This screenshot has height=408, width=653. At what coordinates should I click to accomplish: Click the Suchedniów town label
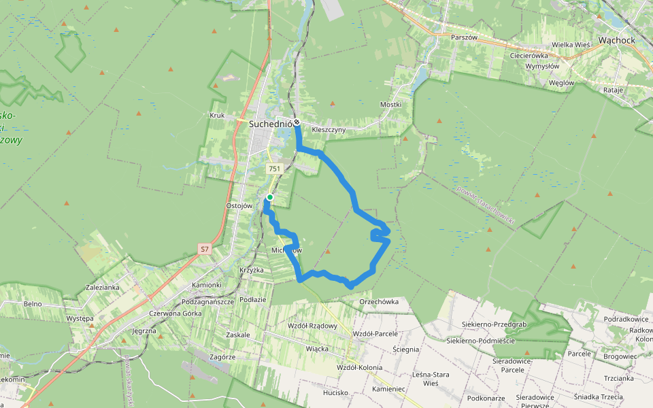coord(271,124)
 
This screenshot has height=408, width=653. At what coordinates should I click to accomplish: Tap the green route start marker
coord(270,197)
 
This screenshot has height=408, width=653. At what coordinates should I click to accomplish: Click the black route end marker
coord(297,122)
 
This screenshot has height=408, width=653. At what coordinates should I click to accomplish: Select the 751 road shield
coord(274,169)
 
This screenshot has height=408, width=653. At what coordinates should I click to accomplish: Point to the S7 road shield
coord(205,250)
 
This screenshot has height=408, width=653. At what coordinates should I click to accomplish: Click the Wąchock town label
coord(616,41)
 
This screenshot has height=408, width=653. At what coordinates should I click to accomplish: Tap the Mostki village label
coord(390,105)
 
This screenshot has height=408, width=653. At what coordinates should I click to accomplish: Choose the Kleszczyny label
coord(329,129)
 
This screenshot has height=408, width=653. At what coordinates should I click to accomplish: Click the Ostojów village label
coord(239,205)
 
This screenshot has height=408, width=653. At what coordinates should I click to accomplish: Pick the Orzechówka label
coord(379,301)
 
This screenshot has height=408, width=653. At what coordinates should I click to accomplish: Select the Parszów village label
coord(465,37)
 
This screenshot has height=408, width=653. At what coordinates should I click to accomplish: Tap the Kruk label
coord(218,116)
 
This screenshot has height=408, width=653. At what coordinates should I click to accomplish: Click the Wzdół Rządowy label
coord(313,326)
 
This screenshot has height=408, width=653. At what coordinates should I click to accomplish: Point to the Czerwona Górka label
coord(175,313)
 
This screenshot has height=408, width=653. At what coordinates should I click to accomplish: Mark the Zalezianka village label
coord(103,288)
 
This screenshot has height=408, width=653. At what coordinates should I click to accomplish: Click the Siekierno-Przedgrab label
coord(494,325)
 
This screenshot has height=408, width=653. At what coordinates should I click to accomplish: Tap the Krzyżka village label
coord(251,270)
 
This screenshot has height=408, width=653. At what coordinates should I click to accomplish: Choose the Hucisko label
coord(335,392)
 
